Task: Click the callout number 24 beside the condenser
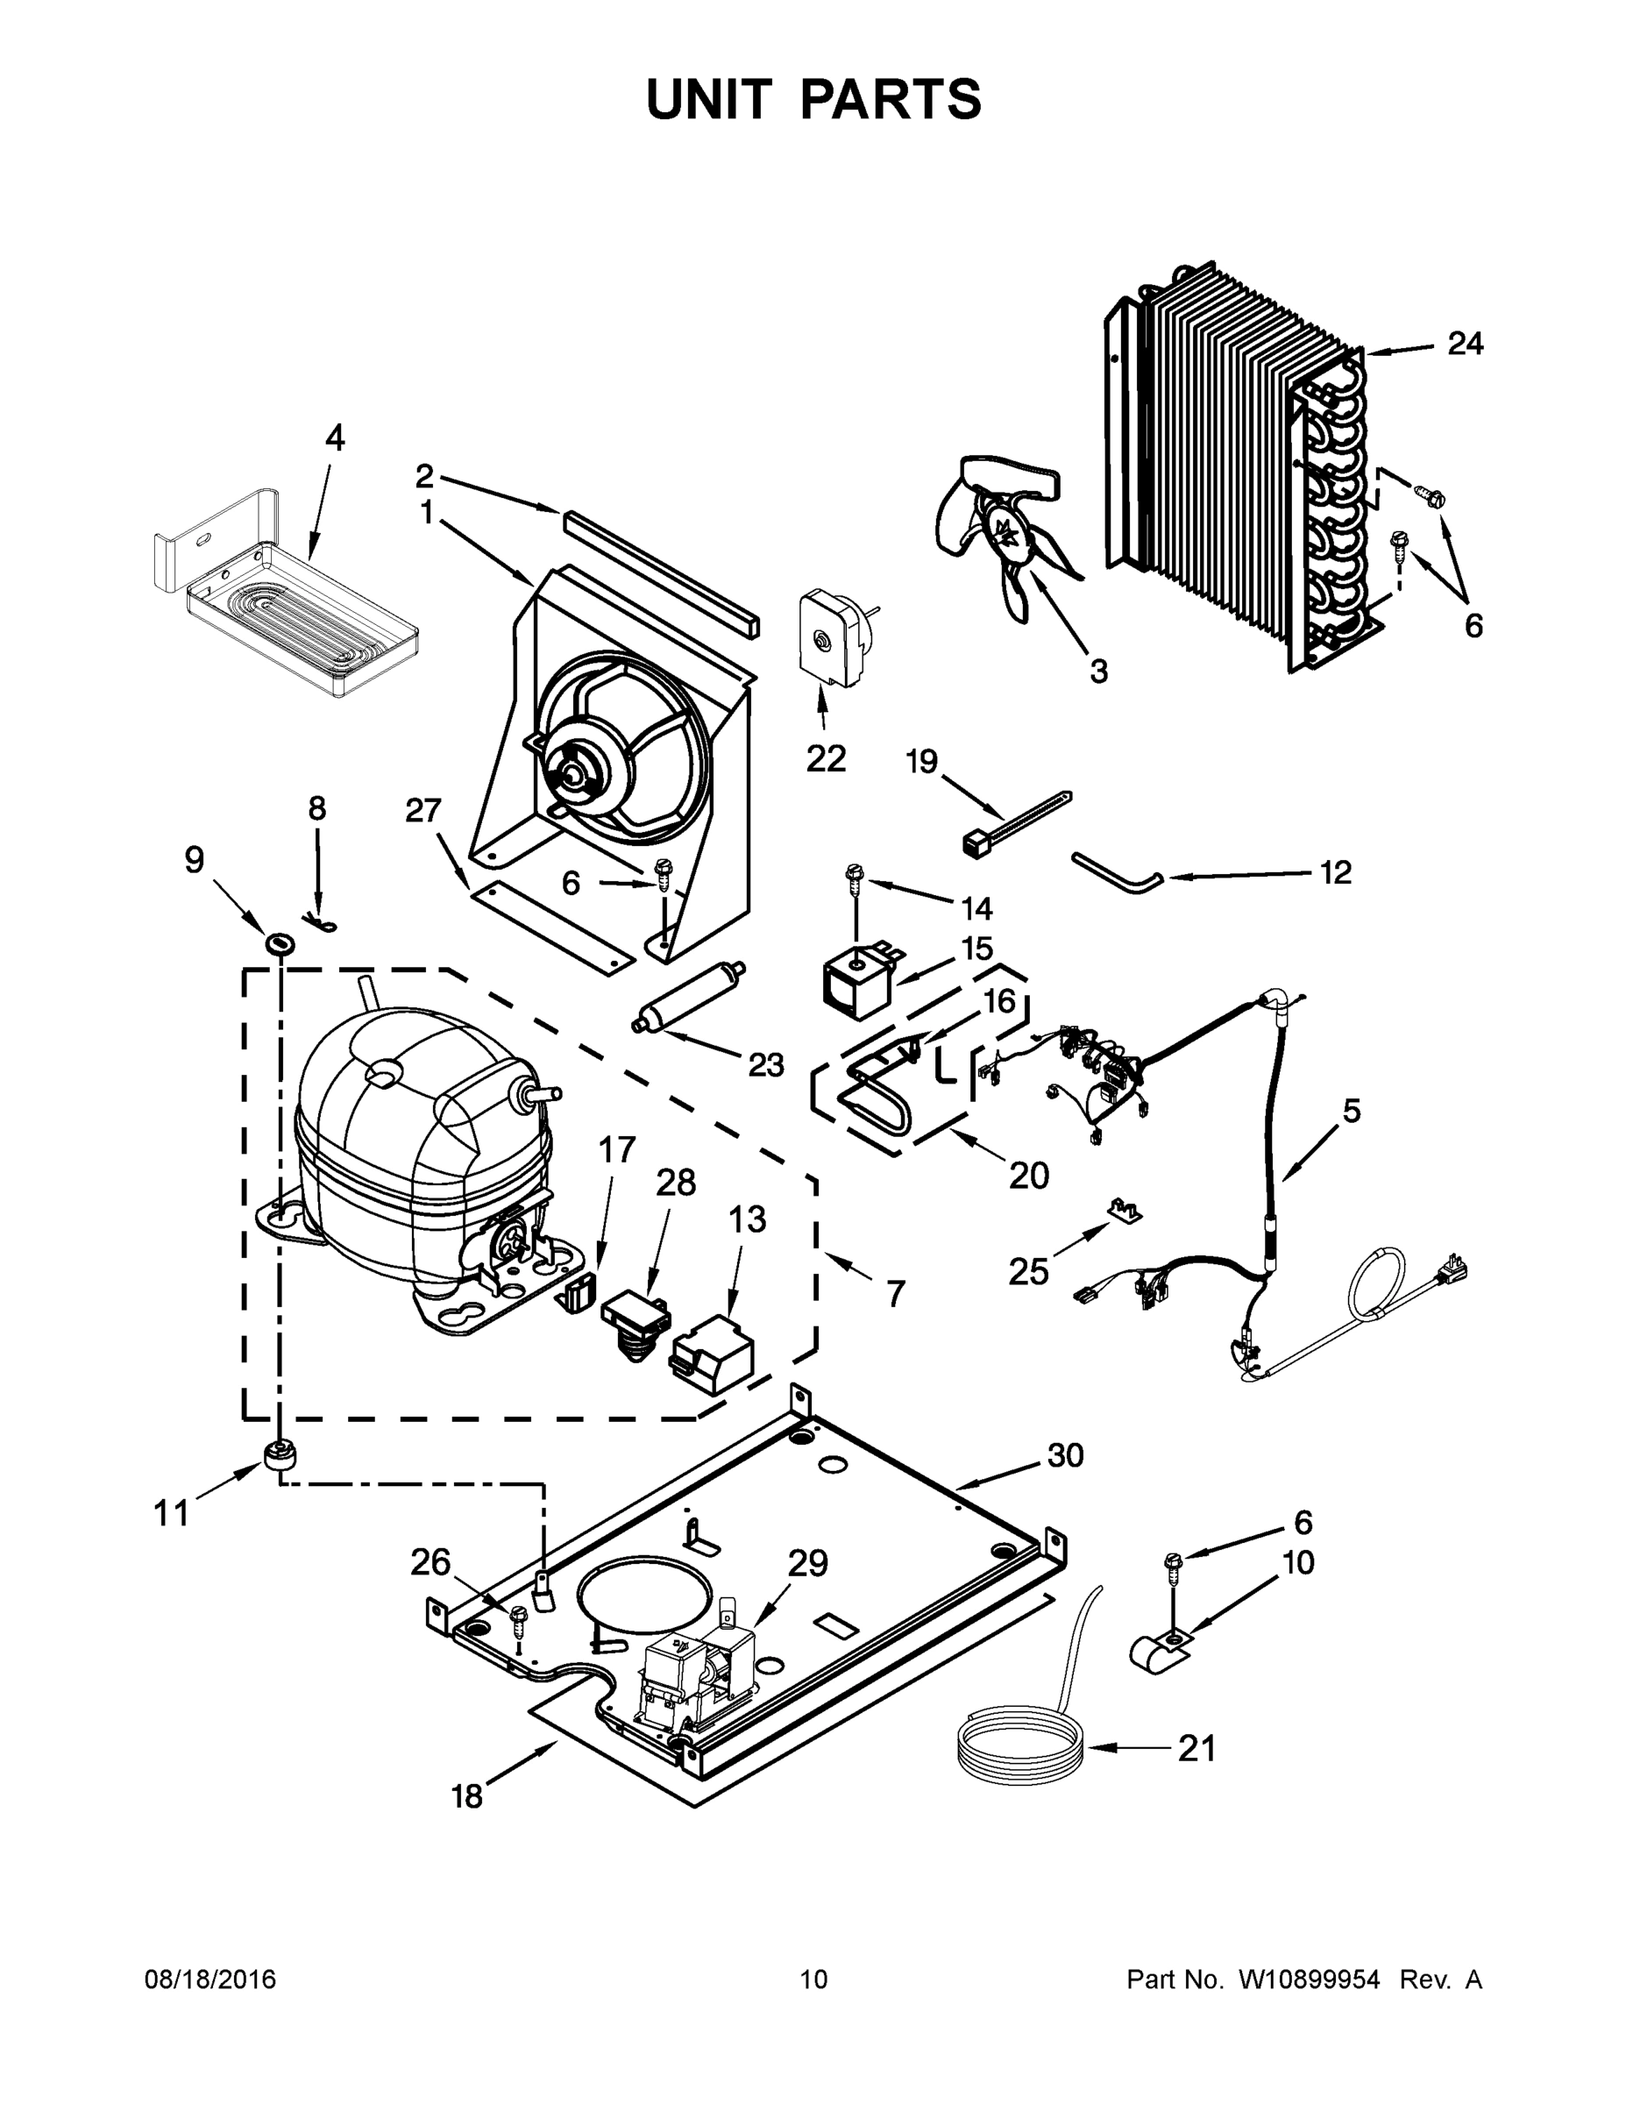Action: tap(1465, 343)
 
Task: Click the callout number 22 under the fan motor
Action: tap(826, 758)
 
